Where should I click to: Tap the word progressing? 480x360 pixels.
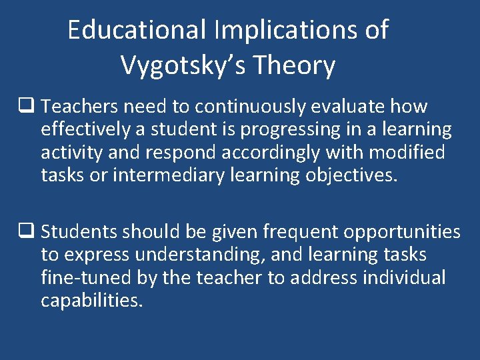tap(291, 129)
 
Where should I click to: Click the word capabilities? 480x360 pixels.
tap(92, 300)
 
